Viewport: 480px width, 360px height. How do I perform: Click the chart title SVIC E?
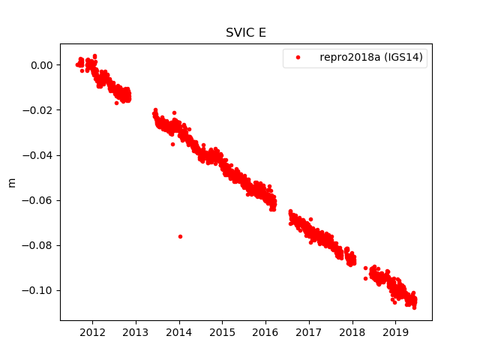pos(245,33)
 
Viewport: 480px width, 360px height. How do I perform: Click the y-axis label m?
pos(11,182)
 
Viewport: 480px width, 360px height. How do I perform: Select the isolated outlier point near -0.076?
pos(180,236)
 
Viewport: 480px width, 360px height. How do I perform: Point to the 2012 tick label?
pos(92,332)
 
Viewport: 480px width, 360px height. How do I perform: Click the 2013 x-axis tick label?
pos(136,332)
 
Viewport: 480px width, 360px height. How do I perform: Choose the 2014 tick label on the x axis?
pos(179,332)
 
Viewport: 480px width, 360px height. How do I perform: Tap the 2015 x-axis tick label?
pos(223,332)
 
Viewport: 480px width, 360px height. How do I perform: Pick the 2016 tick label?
pos(265,332)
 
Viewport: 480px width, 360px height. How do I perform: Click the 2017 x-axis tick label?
pos(309,332)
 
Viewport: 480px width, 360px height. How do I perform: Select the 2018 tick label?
pos(352,332)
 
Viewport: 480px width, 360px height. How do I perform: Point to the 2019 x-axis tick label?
pos(395,332)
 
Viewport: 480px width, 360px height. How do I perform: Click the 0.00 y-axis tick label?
pos(42,65)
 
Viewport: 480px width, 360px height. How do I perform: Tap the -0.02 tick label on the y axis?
pos(39,110)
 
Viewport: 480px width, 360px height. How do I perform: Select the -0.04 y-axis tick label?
pos(39,155)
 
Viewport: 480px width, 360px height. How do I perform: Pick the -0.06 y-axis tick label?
pos(39,200)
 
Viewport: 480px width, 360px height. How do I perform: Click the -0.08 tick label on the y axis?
pos(39,245)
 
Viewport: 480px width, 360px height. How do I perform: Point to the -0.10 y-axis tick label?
pos(39,290)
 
